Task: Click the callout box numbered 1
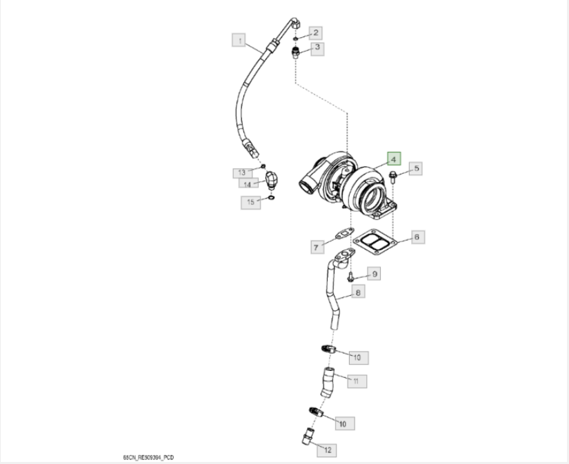click(x=239, y=41)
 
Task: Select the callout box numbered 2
click(x=316, y=32)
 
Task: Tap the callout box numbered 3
click(x=317, y=48)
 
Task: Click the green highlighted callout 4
click(x=394, y=159)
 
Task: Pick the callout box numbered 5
click(x=416, y=168)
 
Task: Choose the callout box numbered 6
click(x=417, y=237)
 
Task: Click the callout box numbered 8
click(x=358, y=292)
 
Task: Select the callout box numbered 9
click(x=372, y=274)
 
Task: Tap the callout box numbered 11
click(x=356, y=381)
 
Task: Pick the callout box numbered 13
click(x=241, y=172)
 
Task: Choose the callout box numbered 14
click(x=246, y=184)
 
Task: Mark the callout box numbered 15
click(x=251, y=201)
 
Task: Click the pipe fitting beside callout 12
click(x=306, y=436)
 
